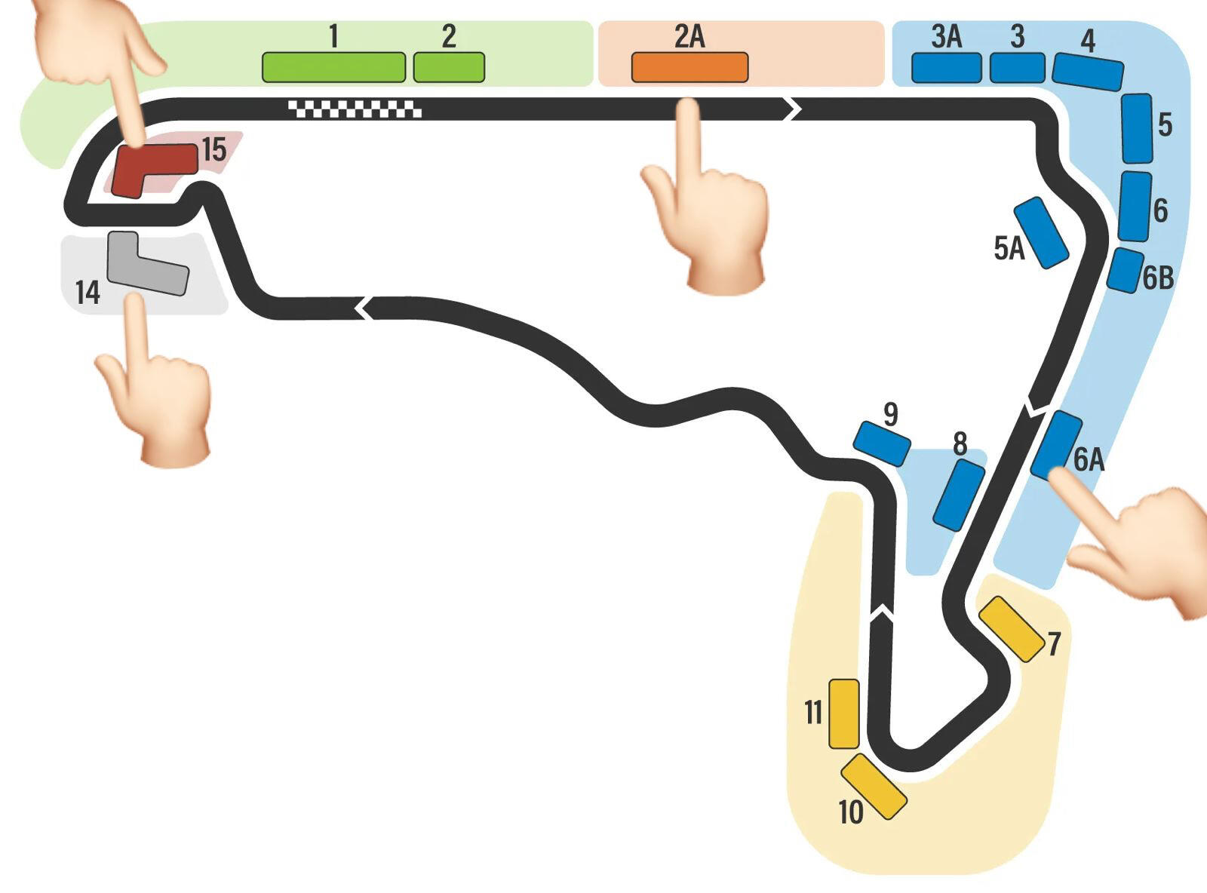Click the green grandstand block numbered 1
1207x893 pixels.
click(333, 67)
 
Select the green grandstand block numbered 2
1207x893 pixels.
click(449, 67)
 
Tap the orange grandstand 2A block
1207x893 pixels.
click(689, 67)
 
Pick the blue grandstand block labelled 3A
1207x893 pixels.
click(946, 68)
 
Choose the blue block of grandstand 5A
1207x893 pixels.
click(1041, 233)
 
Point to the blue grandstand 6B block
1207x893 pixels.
click(1125, 270)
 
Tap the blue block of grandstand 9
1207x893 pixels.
click(881, 443)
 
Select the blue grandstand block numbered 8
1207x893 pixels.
click(959, 495)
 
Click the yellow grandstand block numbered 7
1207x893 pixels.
click(1012, 629)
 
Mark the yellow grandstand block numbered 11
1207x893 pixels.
click(843, 713)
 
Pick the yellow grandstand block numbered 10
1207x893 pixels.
click(874, 786)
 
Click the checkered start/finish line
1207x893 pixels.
click(355, 109)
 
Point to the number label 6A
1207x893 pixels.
click(1089, 459)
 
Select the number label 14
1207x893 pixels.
click(88, 292)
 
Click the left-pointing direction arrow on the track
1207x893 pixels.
click(363, 308)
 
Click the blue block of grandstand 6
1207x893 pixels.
click(1135, 207)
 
